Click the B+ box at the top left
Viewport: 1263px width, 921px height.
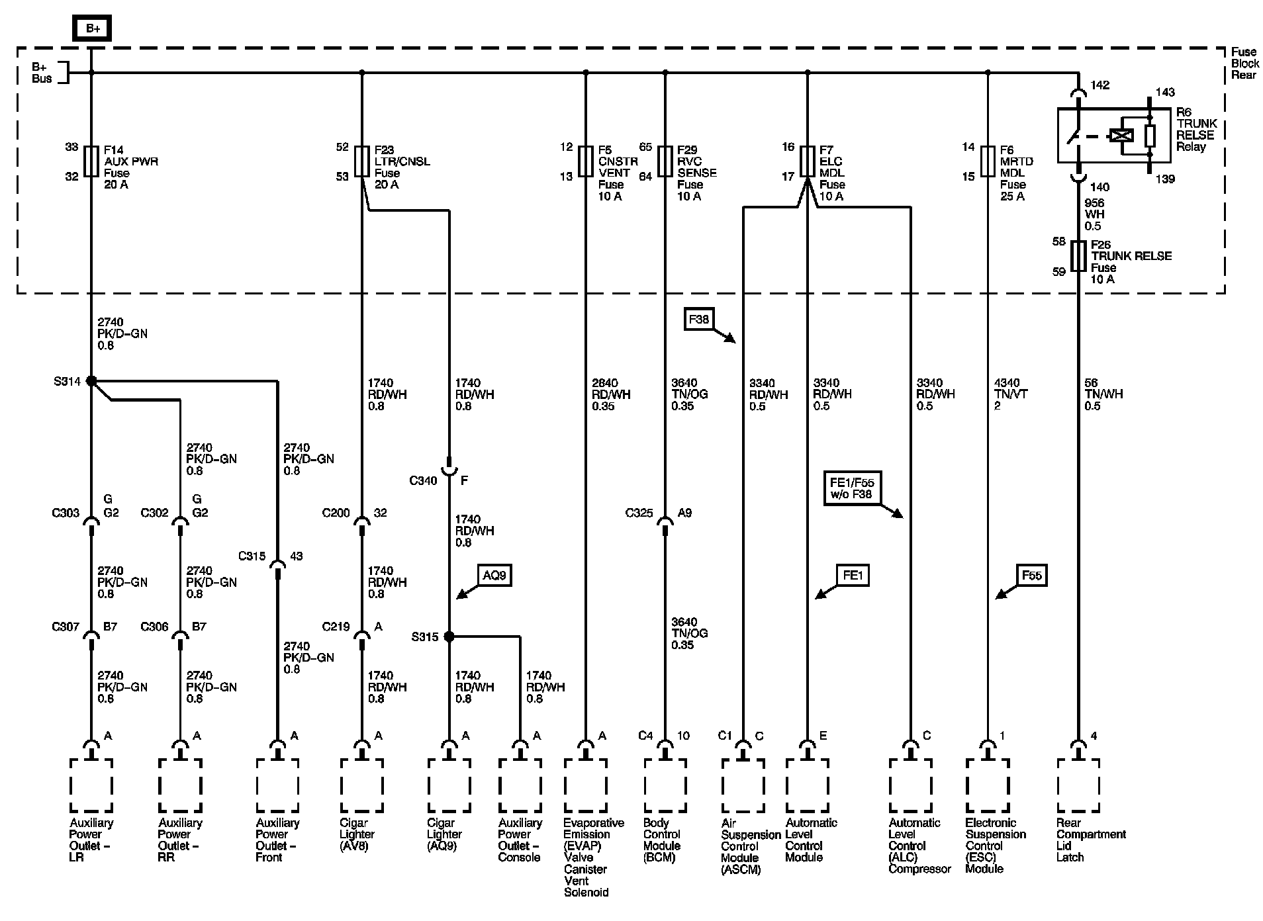pyautogui.click(x=91, y=28)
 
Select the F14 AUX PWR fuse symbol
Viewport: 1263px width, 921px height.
pyautogui.click(x=91, y=161)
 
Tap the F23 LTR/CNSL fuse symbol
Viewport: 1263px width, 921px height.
pyautogui.click(x=361, y=161)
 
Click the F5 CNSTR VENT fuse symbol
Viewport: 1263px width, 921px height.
pyautogui.click(x=585, y=161)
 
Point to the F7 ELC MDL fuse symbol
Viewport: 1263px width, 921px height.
pyautogui.click(x=807, y=161)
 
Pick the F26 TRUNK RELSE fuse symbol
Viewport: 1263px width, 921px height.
pyautogui.click(x=1078, y=256)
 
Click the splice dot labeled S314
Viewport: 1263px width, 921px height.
pyautogui.click(x=91, y=381)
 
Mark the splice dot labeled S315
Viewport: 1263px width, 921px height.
pyautogui.click(x=449, y=636)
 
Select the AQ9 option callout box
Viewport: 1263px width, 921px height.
pyautogui.click(x=494, y=576)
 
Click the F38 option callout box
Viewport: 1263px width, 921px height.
pyautogui.click(x=698, y=320)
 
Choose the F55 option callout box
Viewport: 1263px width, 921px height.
pyautogui.click(x=1031, y=576)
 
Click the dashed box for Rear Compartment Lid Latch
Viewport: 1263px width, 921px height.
pyautogui.click(x=1078, y=785)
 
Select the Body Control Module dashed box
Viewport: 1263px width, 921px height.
pyautogui.click(x=665, y=785)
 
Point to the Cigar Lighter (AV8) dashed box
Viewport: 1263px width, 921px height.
pyautogui.click(x=361, y=785)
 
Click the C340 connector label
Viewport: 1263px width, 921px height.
pyautogui.click(x=423, y=481)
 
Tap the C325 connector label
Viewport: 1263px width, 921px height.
pyautogui.click(x=639, y=513)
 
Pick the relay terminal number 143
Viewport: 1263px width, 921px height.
pyautogui.click(x=1165, y=93)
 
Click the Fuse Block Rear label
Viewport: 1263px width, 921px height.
pyautogui.click(x=1244, y=64)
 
